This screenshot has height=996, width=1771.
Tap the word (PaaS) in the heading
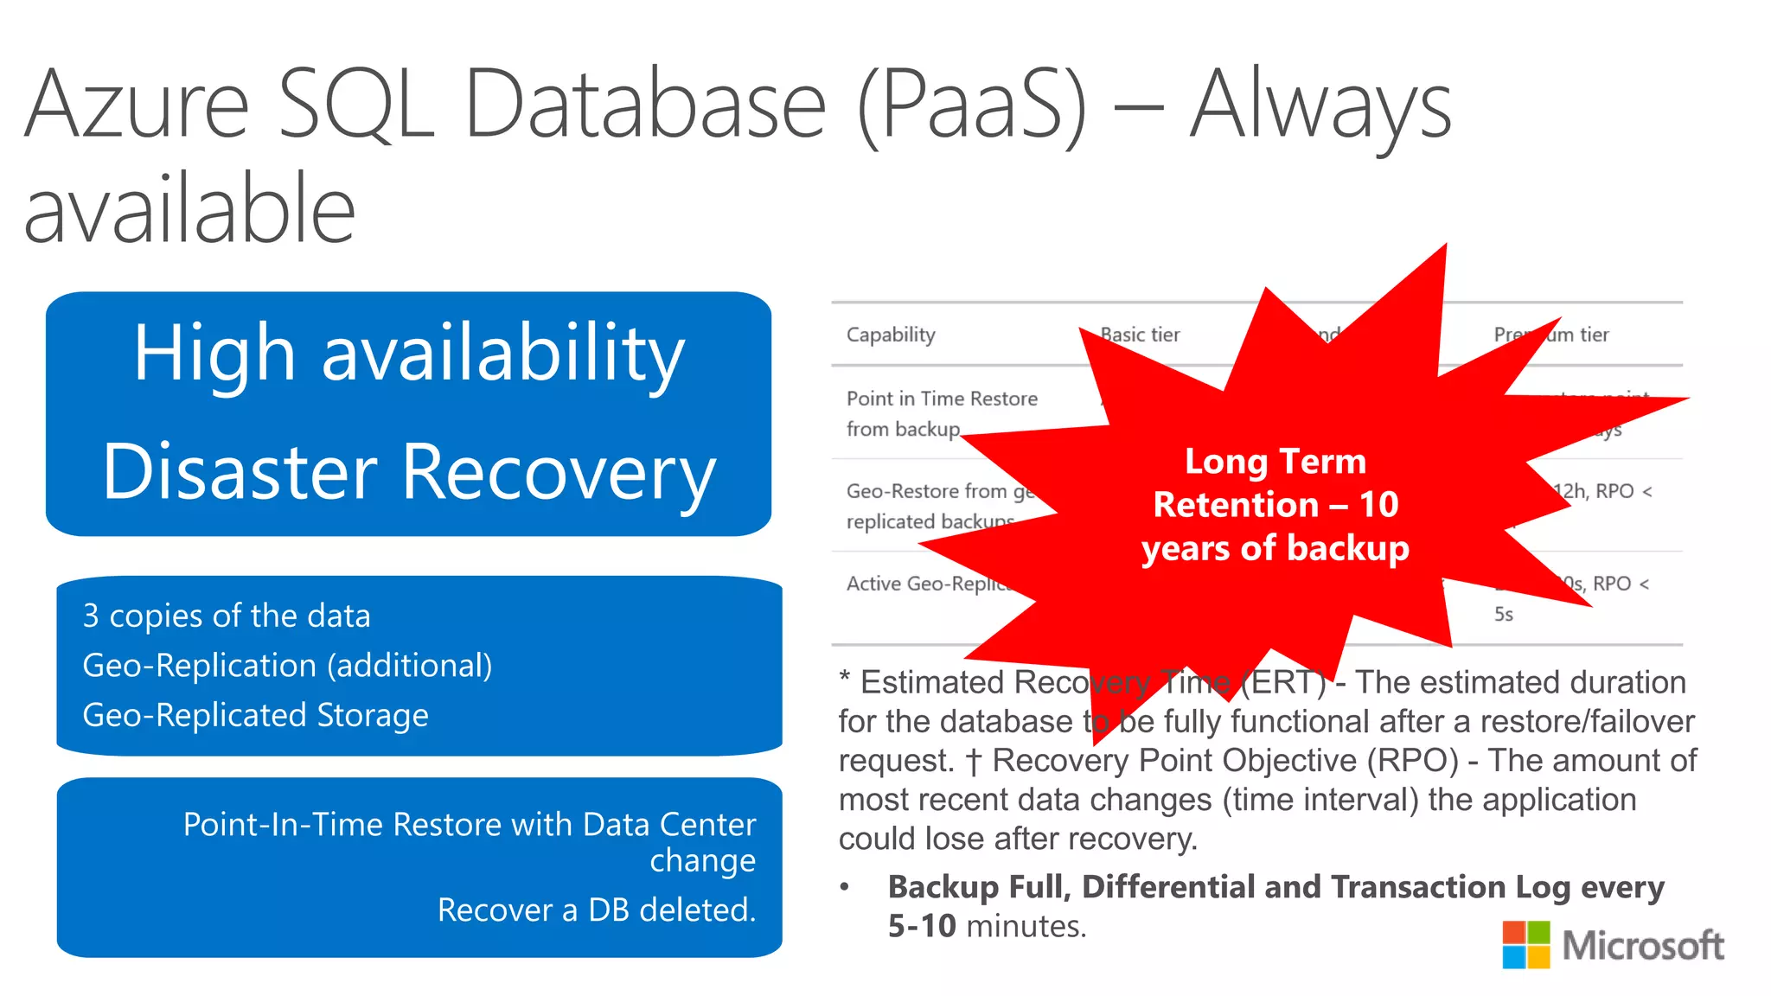972,105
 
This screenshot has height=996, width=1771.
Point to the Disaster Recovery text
408,472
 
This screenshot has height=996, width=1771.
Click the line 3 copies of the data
227,616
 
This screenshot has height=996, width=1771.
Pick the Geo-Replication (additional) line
287,666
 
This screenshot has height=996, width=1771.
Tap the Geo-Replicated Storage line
255,716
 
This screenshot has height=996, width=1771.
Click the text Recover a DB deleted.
597,910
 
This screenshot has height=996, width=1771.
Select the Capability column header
891,335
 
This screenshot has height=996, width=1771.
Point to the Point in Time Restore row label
941,399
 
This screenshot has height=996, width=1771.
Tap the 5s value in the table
1503,615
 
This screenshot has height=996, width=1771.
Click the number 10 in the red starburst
1378,505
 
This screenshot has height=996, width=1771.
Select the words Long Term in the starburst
1275,462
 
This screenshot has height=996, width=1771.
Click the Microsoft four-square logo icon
1525,944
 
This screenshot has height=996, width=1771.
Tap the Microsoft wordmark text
1643,946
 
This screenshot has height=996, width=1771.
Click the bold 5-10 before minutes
922,927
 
